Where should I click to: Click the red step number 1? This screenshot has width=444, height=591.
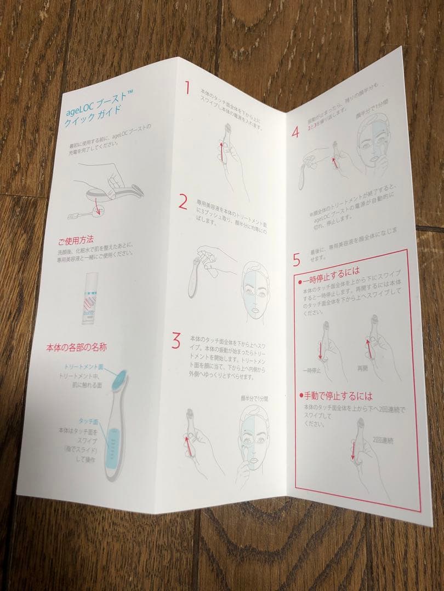[187, 88]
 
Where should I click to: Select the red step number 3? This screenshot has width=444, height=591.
[176, 341]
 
